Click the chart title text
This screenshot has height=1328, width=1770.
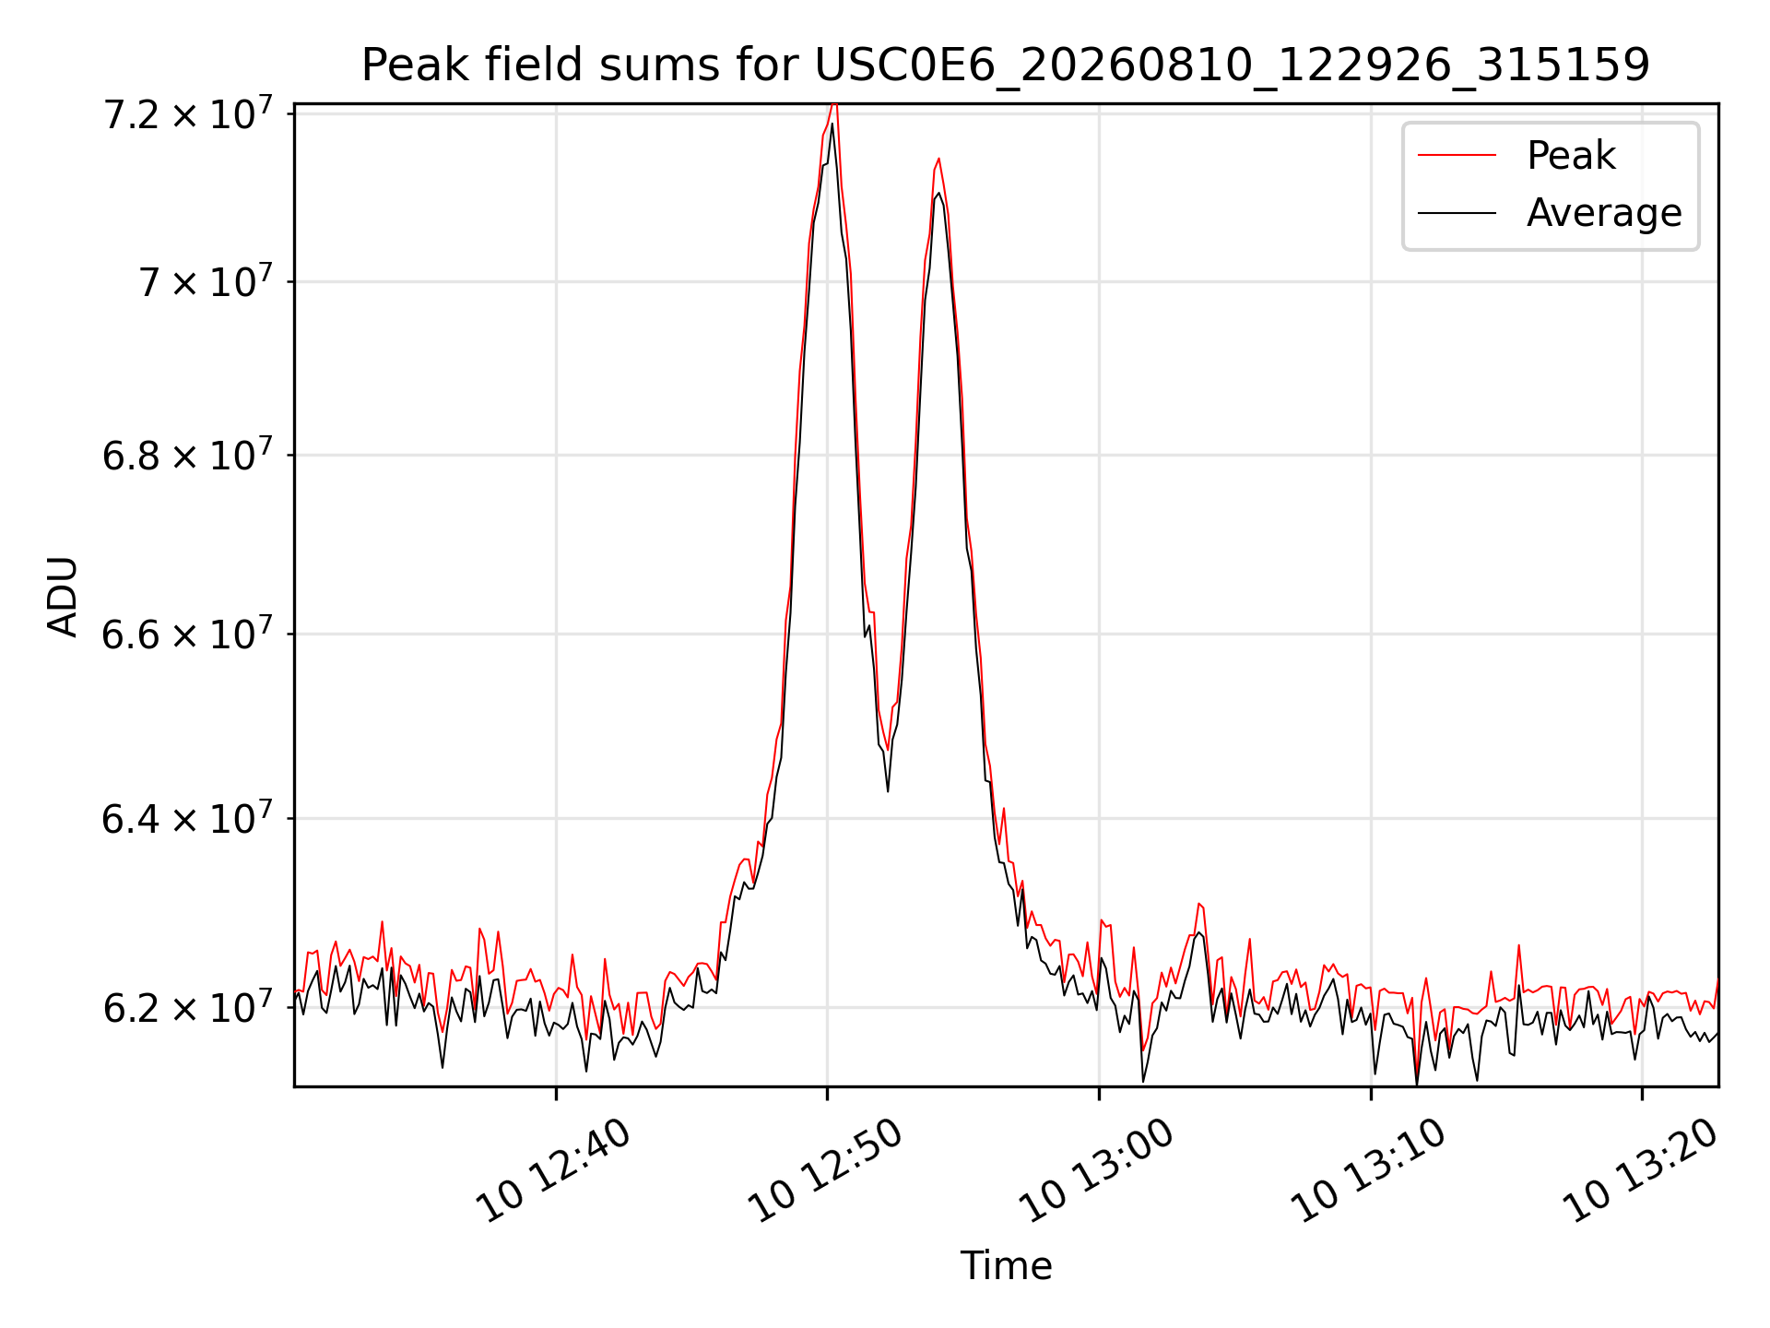(1005, 65)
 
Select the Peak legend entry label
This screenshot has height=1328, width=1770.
(1571, 155)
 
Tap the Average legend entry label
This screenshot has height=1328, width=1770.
(1604, 213)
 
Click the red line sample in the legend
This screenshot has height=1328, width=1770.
(1457, 155)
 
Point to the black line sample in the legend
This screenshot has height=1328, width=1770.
(1457, 213)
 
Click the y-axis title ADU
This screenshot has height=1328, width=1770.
(63, 596)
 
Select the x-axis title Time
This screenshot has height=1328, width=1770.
(1006, 1265)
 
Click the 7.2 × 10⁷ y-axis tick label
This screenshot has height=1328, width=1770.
(187, 114)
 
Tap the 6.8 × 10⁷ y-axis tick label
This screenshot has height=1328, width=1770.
(187, 455)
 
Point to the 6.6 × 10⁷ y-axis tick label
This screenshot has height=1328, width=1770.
(187, 634)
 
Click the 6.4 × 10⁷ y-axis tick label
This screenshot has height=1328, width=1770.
(187, 818)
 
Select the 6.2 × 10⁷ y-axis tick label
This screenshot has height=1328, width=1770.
(187, 1007)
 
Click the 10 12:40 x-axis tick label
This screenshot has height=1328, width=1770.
(553, 1168)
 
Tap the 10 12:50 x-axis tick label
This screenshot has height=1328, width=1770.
(824, 1168)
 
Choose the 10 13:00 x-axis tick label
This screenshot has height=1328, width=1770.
(1096, 1168)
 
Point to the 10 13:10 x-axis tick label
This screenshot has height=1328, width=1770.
(1368, 1168)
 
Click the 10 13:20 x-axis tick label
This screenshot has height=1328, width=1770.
(1639, 1168)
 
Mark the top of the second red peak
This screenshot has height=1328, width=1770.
(938, 159)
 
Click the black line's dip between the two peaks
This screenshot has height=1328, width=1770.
(888, 790)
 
